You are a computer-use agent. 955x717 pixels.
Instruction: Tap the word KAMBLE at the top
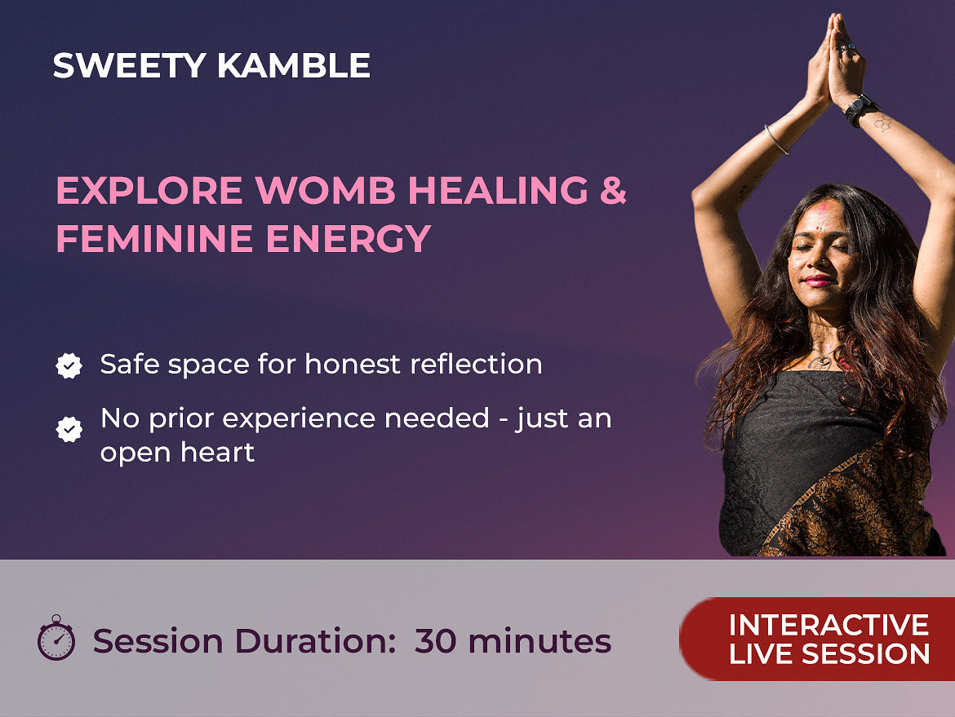coord(294,65)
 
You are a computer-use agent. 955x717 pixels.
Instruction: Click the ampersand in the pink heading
coord(613,191)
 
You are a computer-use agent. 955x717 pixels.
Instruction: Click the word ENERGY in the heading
coord(349,238)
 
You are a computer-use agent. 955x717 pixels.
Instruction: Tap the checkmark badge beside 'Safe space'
coord(69,365)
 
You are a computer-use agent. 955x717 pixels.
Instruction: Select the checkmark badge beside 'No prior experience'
coord(69,429)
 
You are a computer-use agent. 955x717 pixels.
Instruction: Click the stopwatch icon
coord(56,638)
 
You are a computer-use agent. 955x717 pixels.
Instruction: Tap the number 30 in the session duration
coord(436,641)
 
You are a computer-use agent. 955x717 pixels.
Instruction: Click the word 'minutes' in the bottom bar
coord(540,641)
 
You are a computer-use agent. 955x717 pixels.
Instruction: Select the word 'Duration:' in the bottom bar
coord(316,641)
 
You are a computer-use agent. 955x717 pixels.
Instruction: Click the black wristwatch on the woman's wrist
coord(860,109)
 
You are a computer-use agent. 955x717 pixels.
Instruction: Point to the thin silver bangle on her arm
coord(776,139)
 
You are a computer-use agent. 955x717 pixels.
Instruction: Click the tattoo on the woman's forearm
coord(883,123)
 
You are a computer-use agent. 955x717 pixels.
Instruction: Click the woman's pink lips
coord(817,281)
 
